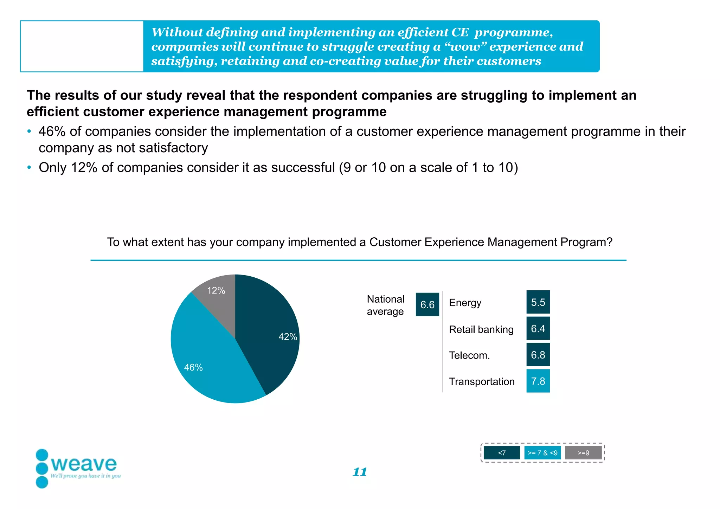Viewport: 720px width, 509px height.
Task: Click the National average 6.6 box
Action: coord(427,304)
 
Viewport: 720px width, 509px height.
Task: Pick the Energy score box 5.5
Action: coord(538,302)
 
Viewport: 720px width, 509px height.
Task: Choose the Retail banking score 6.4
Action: coord(538,328)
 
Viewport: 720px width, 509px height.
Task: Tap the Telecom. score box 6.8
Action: coord(538,355)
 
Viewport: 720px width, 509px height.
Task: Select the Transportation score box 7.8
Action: coord(538,381)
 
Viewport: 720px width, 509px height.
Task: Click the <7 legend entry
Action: coord(502,453)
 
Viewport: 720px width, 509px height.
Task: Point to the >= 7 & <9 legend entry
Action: coord(542,453)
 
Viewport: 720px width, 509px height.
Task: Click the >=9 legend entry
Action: coord(583,453)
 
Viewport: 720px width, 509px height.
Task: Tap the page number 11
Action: coord(360,472)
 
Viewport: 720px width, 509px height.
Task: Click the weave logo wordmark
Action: coord(84,464)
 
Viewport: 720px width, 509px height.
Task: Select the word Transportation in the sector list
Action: coord(482,381)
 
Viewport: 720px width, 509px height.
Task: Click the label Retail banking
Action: coord(481,329)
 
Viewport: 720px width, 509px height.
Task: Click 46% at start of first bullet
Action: coord(52,131)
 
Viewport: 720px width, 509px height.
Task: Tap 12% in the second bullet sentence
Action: coord(84,168)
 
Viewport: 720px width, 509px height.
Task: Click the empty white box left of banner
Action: coord(82,46)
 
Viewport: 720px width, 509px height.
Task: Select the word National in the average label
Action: coord(385,299)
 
